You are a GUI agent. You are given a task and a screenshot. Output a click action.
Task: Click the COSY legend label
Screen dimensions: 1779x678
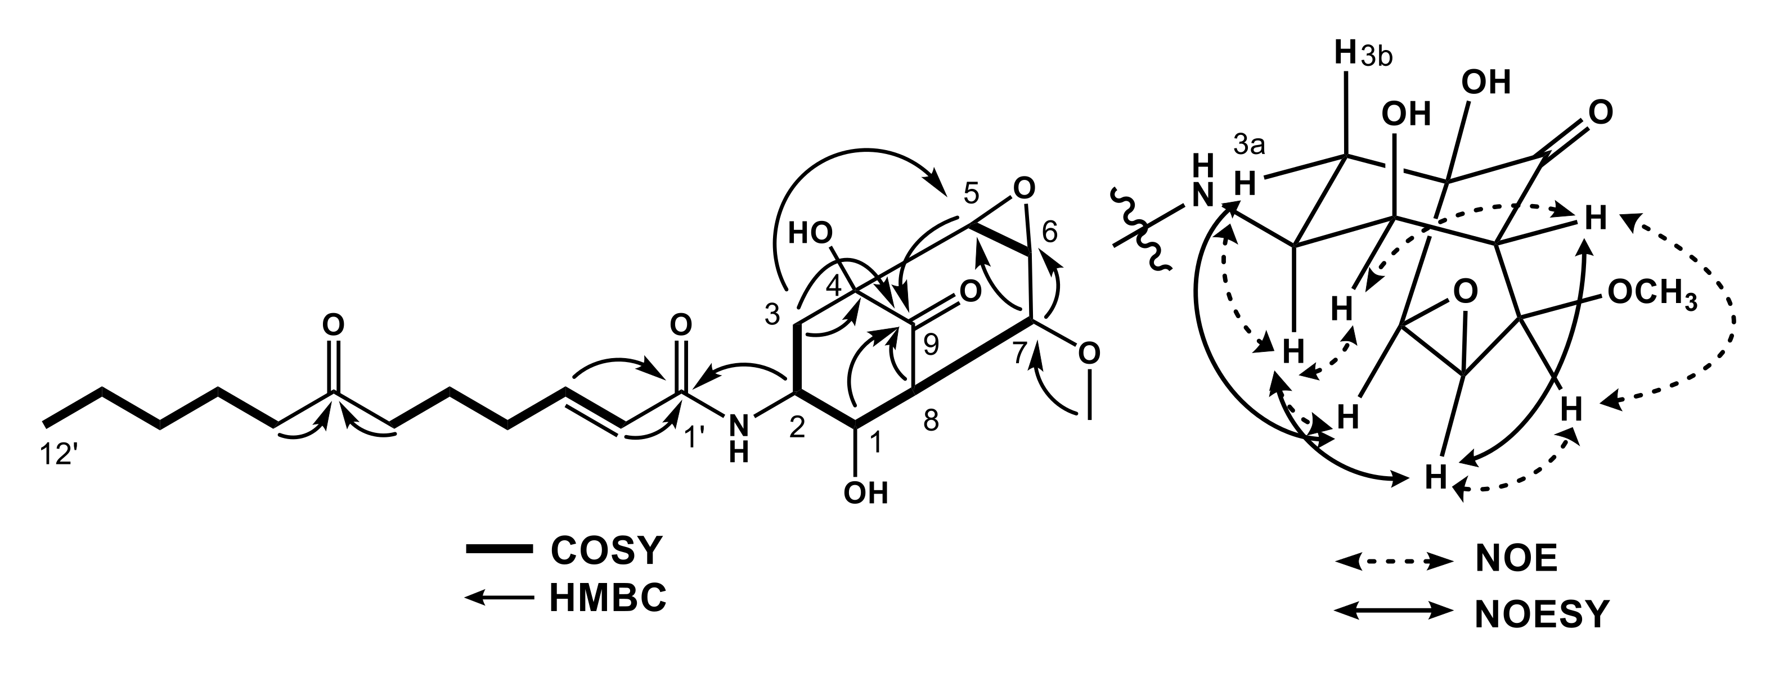[606, 550]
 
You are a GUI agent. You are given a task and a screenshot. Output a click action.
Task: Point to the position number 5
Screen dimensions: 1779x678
[971, 196]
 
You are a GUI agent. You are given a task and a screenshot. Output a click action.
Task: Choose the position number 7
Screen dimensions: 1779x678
[1020, 352]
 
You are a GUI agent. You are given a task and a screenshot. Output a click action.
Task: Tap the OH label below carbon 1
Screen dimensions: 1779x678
[865, 493]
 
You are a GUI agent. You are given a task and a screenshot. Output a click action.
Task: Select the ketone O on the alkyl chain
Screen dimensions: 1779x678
[334, 324]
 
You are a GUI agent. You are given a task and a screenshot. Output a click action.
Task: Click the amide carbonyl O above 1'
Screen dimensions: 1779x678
[680, 324]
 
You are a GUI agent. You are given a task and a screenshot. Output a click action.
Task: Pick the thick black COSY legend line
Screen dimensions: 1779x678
[498, 550]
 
